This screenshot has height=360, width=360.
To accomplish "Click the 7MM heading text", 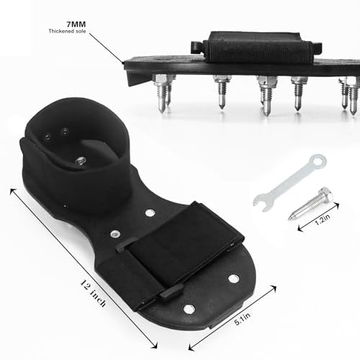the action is click(76, 24).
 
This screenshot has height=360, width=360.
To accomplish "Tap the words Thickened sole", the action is click(67, 31).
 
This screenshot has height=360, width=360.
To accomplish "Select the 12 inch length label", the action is click(93, 293).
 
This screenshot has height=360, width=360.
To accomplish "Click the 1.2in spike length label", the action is click(323, 220).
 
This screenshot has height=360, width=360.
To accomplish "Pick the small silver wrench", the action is click(290, 183).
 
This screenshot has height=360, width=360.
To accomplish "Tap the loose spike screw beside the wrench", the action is click(311, 204).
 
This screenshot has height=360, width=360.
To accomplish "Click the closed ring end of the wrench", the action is click(318, 162).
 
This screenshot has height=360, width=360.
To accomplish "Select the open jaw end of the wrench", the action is click(262, 203).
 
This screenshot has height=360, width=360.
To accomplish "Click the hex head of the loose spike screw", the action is click(326, 194).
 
